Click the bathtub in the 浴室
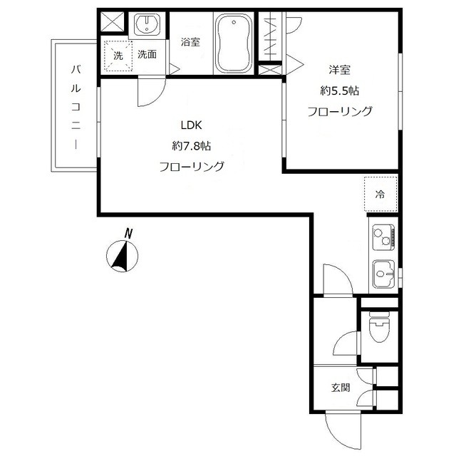tap(234, 43)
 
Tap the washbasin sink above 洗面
tap(147, 24)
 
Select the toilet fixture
tap(378, 326)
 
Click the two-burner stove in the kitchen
tap(383, 237)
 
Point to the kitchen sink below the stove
tap(383, 274)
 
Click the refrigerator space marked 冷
tap(380, 194)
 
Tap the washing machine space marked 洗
tap(118, 56)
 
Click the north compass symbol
tap(122, 256)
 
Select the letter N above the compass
tap(128, 233)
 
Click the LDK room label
tap(192, 125)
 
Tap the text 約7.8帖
tap(192, 145)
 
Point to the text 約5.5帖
tap(340, 91)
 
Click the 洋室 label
tap(340, 70)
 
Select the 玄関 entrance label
tap(341, 388)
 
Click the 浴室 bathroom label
tap(190, 42)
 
